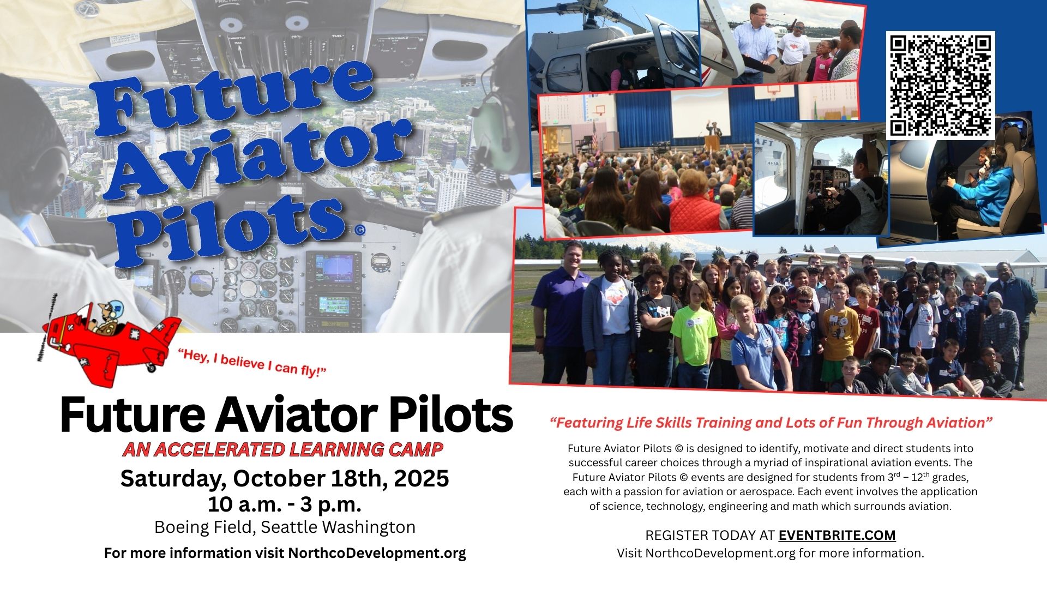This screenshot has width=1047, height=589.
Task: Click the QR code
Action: pos(940,86)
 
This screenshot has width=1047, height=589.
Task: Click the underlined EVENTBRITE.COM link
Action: pos(837,535)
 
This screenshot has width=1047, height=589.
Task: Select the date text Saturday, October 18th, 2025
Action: pos(285,478)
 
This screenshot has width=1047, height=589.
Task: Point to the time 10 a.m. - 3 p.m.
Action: pos(285,504)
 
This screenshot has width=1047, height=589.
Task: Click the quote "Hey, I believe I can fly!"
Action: pos(251,363)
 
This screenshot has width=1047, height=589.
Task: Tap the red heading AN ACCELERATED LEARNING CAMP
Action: pos(282,449)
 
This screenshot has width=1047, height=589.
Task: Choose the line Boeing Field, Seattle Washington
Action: pos(285,527)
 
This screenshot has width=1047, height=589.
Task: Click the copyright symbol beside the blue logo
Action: pos(359,231)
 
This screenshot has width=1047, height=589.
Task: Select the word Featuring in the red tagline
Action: pos(589,423)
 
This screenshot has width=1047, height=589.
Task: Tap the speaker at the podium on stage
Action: pos(712,133)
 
